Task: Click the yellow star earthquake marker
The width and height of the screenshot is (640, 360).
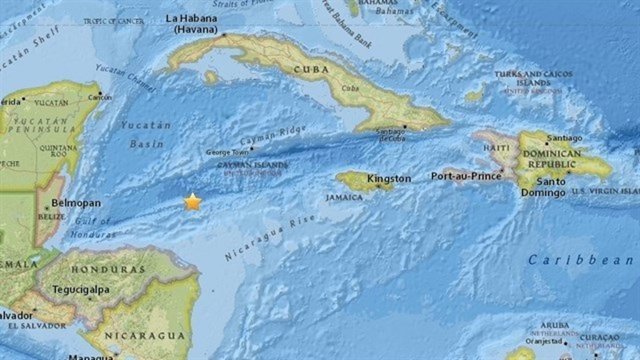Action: [192, 202]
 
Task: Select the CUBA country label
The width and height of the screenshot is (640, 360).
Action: [311, 69]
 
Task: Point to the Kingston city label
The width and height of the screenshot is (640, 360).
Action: [388, 179]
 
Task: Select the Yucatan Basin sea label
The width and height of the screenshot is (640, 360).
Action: [146, 133]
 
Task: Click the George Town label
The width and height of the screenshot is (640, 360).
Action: [226, 152]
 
